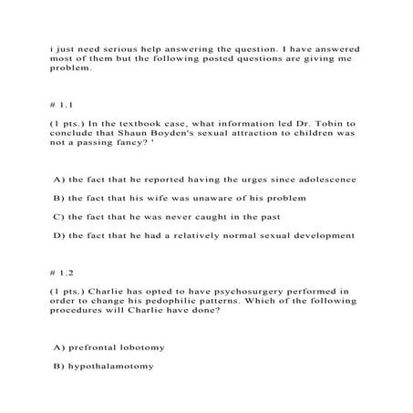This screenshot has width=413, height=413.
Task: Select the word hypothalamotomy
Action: (110, 367)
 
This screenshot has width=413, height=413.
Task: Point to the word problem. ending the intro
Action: (74, 67)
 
